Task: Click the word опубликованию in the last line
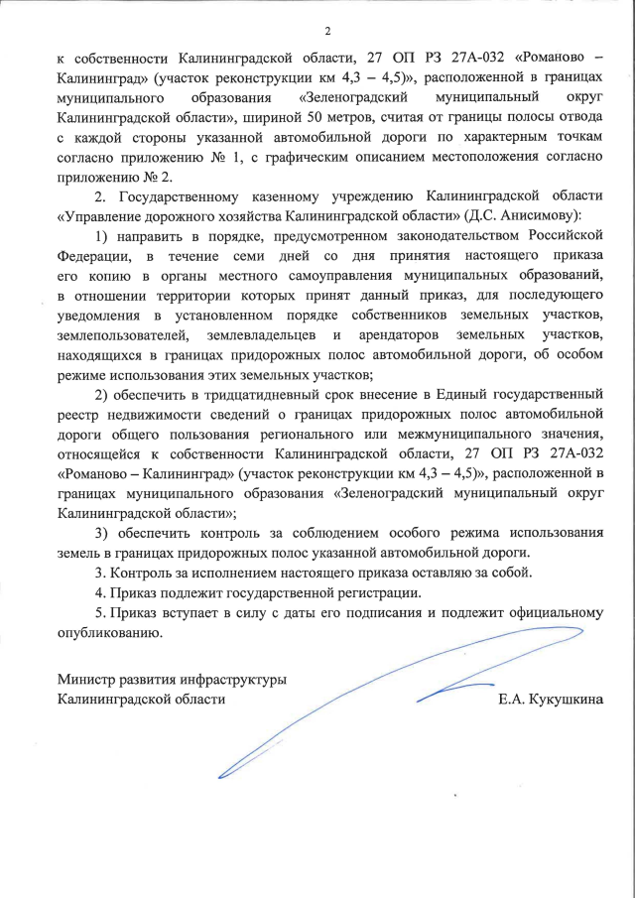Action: click(x=105, y=632)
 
